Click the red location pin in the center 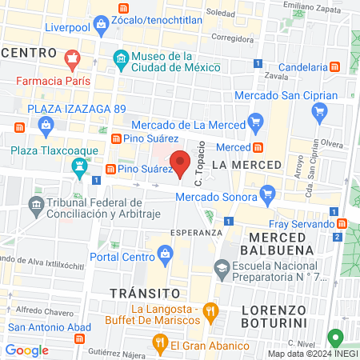pos(181,162)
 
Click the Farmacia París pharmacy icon pos(72,59)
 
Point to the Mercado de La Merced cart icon pos(255,122)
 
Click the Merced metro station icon pos(259,147)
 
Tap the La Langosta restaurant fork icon pos(210,310)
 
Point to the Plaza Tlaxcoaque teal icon pos(79,166)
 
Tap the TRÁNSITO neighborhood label pos(140,293)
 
